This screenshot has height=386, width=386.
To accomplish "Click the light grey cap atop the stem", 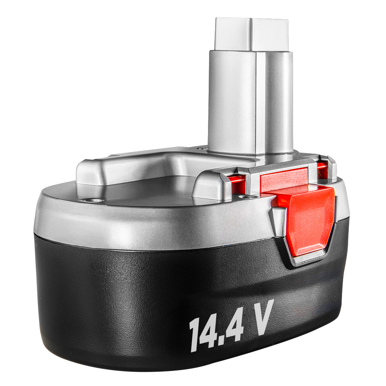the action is point(251,34).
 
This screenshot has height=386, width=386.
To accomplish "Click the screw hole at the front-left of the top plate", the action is point(89,200).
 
